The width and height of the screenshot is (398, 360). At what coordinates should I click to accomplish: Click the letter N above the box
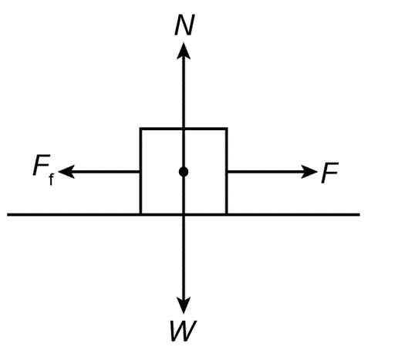pos(184,25)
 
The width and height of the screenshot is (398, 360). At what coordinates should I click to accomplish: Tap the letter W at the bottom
pos(184,331)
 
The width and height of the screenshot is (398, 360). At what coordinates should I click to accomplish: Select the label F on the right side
pos(330,173)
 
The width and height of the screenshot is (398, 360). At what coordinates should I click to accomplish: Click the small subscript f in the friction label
pos(51,180)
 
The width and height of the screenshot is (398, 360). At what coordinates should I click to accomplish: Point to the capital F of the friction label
pos(42,165)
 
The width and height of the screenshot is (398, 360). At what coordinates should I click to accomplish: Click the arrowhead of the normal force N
pos(184,51)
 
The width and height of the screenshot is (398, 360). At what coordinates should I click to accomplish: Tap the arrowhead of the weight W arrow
pos(184,305)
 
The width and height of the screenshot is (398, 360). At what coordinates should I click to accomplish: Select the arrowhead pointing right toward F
pos(309,172)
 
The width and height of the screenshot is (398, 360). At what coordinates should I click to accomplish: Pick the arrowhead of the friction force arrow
pos(66,172)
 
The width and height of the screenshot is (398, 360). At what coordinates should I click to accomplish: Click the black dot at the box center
pos(184,172)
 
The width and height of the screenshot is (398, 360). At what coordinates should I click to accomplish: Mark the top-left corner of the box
pos(140,129)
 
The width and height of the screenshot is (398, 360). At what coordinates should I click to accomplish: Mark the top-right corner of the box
pos(227,129)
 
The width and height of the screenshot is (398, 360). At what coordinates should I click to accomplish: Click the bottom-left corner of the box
pos(140,214)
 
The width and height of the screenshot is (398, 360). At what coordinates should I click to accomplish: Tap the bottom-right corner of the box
pos(227,214)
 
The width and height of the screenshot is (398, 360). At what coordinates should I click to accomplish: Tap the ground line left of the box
pos(73,214)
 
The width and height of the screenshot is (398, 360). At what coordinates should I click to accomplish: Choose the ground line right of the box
pos(294,214)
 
